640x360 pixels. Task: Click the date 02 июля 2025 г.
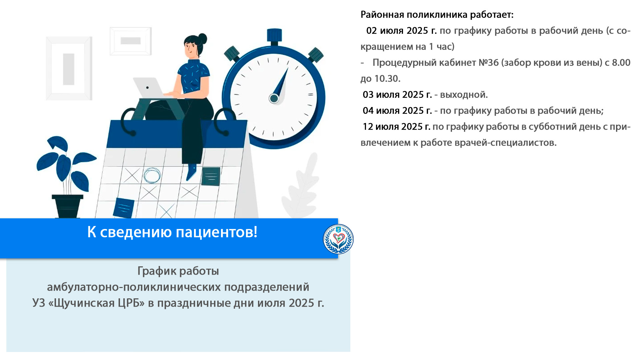(x=401, y=31)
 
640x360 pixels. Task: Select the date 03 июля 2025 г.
(x=397, y=95)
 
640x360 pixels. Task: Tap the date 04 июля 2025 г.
(x=397, y=111)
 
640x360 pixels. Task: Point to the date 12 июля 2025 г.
(x=397, y=127)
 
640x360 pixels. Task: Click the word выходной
(x=464, y=95)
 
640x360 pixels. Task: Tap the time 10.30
(x=387, y=79)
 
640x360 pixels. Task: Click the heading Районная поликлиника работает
(x=437, y=15)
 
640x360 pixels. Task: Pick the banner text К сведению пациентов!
(x=172, y=232)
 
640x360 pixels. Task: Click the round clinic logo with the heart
(x=338, y=239)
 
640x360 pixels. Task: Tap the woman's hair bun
(x=202, y=38)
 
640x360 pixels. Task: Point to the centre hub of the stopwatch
(x=274, y=98)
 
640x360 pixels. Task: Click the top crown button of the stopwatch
(x=274, y=36)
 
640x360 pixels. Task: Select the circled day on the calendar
(x=152, y=175)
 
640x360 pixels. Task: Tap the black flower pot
(x=68, y=207)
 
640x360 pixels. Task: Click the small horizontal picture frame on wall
(x=131, y=41)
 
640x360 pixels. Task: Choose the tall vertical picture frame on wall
(x=69, y=68)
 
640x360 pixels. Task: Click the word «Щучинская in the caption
(x=97, y=303)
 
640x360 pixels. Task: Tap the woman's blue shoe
(x=191, y=172)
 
